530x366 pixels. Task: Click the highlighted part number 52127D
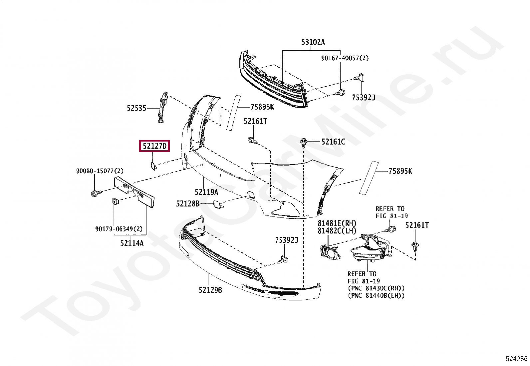coord(154,146)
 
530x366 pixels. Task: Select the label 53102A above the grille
coord(313,42)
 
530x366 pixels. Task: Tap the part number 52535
coord(136,108)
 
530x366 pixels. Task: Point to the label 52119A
coord(206,192)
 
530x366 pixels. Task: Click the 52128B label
coord(188,203)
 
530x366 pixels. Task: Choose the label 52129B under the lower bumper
coord(210,290)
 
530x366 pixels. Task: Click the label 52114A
coord(132,243)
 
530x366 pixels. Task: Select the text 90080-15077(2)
coord(100,171)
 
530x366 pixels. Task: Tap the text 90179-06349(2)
coord(119,229)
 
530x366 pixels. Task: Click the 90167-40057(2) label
coord(345,58)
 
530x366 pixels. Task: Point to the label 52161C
coord(333,142)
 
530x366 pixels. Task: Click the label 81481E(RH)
coord(337,223)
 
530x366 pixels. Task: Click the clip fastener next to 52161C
coord(303,143)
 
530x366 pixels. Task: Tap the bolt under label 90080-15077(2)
coord(94,193)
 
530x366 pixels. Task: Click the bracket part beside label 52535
coord(162,108)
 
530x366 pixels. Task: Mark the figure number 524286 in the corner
coord(516,359)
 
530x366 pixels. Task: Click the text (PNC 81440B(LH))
coord(376,295)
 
